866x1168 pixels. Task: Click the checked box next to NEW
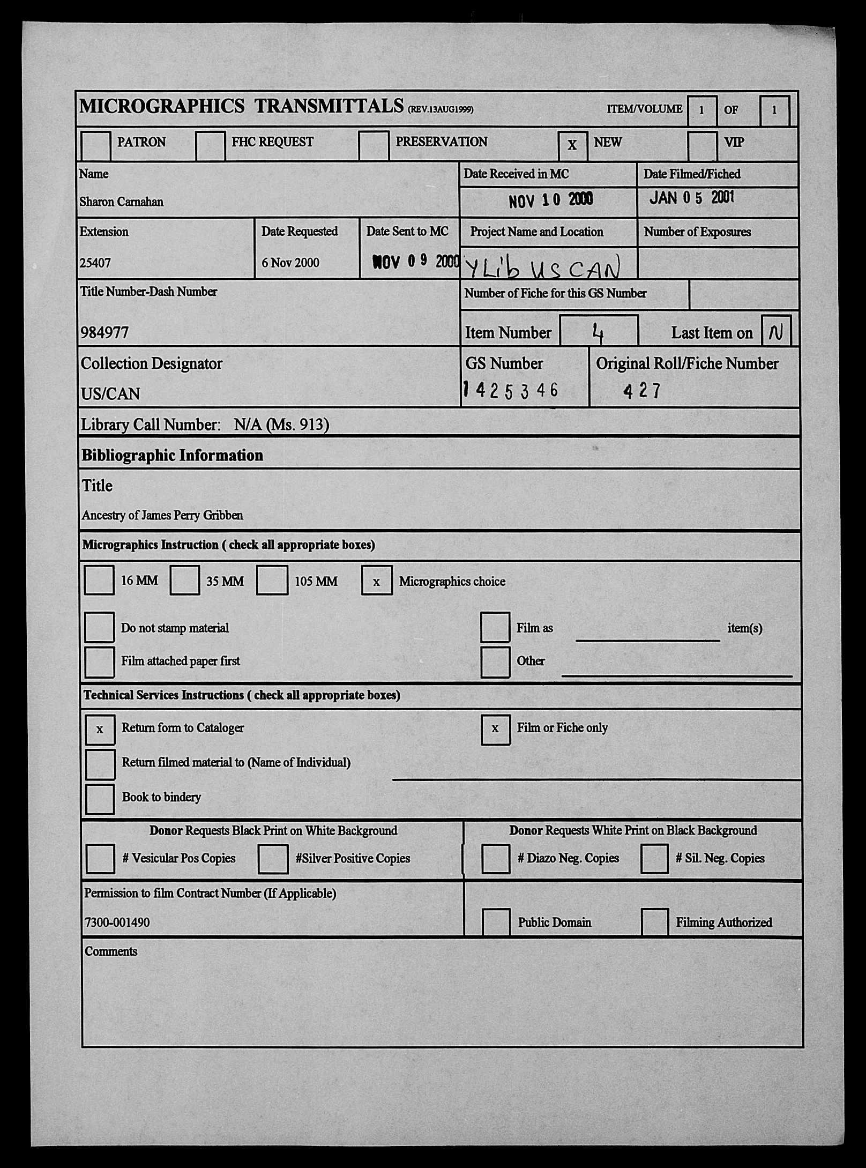[x=572, y=145]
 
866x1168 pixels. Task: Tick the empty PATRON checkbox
[x=96, y=145]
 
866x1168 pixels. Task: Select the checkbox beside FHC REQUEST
[x=210, y=145]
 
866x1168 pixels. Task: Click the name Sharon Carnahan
[x=121, y=202]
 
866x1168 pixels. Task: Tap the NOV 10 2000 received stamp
[x=550, y=200]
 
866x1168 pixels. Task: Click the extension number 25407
[x=95, y=263]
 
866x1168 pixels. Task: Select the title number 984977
[x=104, y=333]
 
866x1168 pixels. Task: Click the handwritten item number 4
[x=598, y=334]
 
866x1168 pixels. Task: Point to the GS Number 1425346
[x=511, y=390]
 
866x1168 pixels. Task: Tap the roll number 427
[x=642, y=390]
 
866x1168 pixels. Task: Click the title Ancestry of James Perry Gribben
[x=162, y=515]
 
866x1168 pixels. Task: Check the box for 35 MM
[x=184, y=580]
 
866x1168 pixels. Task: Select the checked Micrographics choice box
[x=377, y=581]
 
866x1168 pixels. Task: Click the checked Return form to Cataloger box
[x=100, y=729]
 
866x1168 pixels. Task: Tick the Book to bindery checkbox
[x=100, y=799]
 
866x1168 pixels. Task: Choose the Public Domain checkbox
[x=496, y=922]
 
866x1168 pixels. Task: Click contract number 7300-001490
[x=117, y=923]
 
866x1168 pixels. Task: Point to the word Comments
[x=111, y=951]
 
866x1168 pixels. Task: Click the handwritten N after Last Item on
[x=775, y=333]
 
